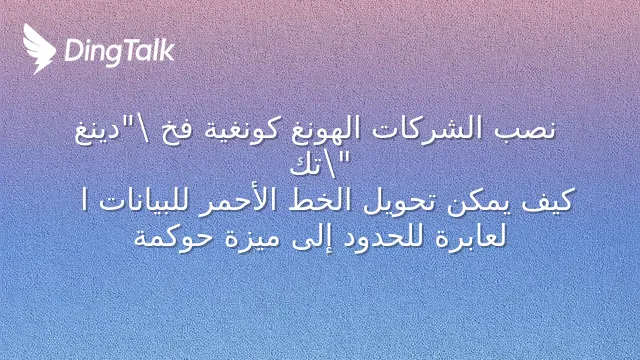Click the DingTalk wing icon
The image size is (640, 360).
39,49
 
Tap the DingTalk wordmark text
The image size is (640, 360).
120,52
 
